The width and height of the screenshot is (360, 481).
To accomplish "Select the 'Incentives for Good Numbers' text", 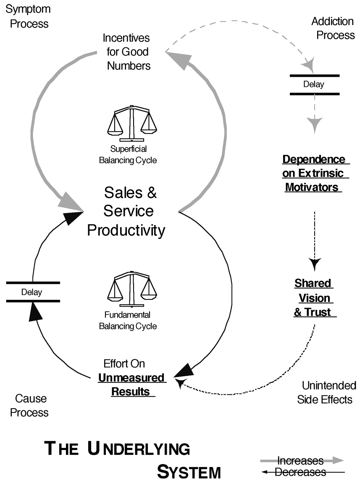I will tap(126, 52).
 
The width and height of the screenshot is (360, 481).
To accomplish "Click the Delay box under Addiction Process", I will tap(314, 84).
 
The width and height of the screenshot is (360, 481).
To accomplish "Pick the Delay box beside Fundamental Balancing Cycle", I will tap(32, 292).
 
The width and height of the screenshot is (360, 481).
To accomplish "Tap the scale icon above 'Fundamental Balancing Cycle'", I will tap(131, 289).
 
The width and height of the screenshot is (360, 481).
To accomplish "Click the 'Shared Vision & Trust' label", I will tap(314, 297).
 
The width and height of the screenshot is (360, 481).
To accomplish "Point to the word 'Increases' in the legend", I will tap(300, 461).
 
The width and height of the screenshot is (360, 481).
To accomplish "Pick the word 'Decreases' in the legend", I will tap(300, 472).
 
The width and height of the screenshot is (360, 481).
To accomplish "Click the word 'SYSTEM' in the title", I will tap(189, 470).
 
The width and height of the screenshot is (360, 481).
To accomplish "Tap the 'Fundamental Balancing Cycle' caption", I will tap(128, 320).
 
